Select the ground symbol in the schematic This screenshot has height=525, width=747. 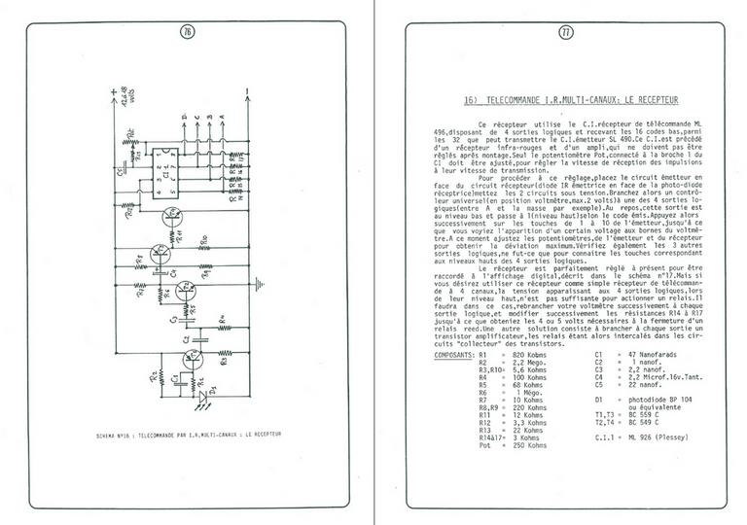[258, 285]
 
